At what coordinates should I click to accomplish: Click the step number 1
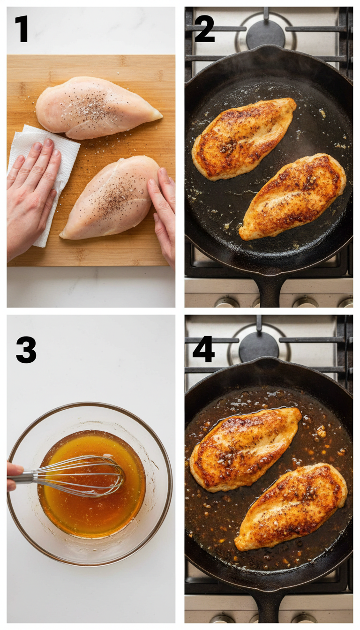(21, 29)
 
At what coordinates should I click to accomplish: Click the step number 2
(204, 29)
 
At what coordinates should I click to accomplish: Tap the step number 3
(26, 350)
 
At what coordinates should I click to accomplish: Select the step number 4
(203, 349)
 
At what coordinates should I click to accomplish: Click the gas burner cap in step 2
(265, 33)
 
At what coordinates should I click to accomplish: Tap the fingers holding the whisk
(13, 476)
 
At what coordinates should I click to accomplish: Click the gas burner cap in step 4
(259, 346)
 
